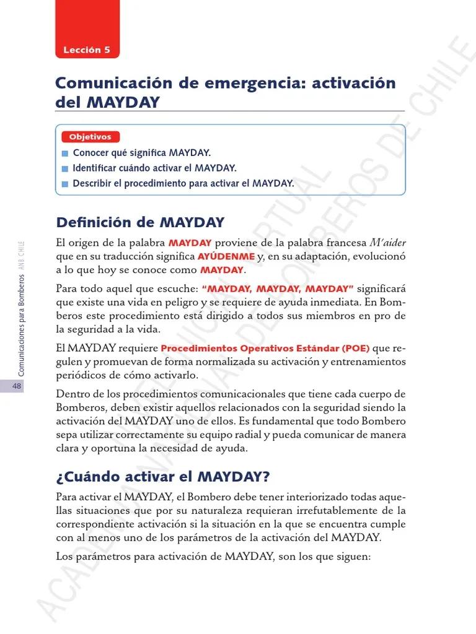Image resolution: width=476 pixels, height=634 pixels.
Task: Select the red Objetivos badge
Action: [90, 137]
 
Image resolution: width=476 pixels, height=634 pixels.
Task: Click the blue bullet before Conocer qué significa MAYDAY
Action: [66, 153]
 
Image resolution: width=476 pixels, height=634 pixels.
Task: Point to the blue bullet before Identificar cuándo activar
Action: [66, 168]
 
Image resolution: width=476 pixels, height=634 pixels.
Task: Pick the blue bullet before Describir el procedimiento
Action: [66, 184]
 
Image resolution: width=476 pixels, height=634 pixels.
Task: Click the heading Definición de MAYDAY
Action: [140, 222]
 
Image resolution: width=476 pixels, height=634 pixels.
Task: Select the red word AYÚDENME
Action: [226, 256]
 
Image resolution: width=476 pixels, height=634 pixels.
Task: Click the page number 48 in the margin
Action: [17, 386]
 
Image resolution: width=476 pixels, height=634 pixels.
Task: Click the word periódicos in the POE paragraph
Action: [81, 375]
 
